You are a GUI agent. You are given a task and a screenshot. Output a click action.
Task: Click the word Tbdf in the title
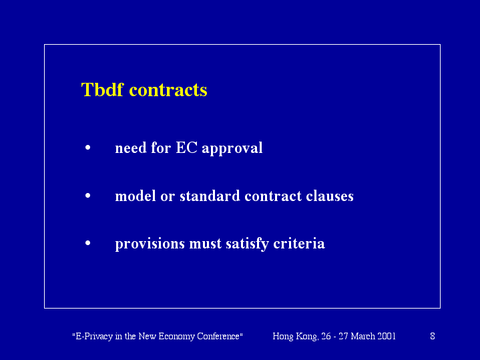[x=102, y=89]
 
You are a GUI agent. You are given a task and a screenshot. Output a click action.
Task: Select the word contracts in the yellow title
[x=168, y=90]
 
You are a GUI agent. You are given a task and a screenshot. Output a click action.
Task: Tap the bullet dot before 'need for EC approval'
[x=88, y=148]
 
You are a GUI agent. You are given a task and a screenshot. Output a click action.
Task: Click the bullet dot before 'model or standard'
[x=88, y=195]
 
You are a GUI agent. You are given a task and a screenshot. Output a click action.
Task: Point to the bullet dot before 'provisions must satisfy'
[x=88, y=243]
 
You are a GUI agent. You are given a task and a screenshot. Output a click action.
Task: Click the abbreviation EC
[x=186, y=148]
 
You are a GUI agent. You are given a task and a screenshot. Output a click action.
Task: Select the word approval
[x=232, y=148]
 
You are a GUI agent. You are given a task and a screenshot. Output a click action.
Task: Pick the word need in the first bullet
[x=131, y=148]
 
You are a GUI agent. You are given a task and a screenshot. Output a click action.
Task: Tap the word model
[x=136, y=196]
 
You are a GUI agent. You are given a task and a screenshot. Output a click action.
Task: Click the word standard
[x=210, y=196]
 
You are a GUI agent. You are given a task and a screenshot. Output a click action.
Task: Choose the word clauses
[x=330, y=196]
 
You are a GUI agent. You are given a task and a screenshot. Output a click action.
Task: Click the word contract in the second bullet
[x=273, y=196]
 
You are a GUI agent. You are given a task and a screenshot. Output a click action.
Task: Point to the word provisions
[x=150, y=244]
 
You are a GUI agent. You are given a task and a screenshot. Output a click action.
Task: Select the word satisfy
[x=248, y=244]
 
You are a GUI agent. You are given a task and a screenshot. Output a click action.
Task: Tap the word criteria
[x=299, y=244]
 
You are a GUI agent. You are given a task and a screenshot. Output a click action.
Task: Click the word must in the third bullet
[x=205, y=244]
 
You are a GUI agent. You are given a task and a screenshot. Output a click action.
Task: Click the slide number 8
[x=433, y=336]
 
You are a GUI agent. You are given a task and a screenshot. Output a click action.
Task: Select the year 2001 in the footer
[x=387, y=336]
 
